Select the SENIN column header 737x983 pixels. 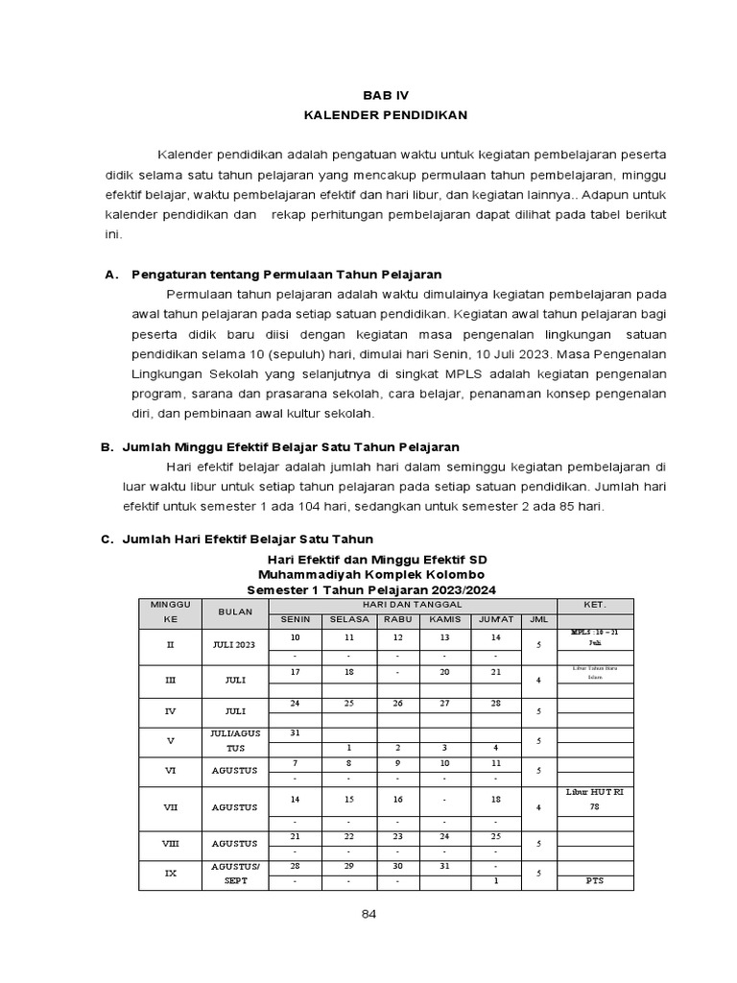(295, 619)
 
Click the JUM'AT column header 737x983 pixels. (495, 619)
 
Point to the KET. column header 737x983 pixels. (595, 605)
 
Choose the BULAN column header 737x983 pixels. (234, 611)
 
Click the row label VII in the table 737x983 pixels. (170, 808)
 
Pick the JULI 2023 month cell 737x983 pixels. (234, 645)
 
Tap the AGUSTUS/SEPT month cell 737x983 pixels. (234, 875)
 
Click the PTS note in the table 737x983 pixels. (595, 880)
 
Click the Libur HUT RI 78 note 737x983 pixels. (595, 800)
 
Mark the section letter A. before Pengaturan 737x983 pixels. (111, 274)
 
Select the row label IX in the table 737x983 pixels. (170, 875)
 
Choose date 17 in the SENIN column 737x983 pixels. (295, 672)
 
